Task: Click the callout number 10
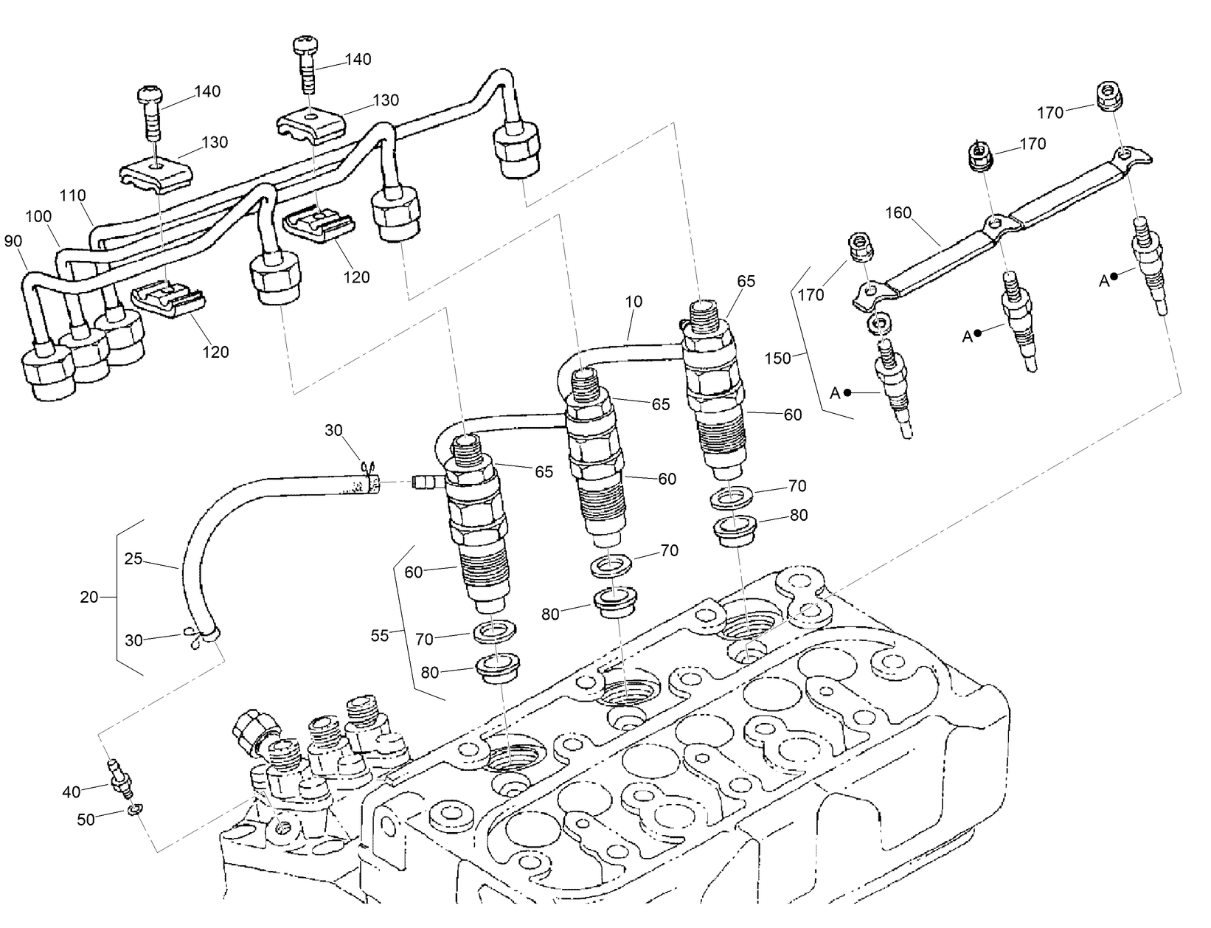click(x=634, y=301)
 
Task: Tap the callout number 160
click(x=899, y=213)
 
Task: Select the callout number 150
click(x=778, y=359)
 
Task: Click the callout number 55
click(x=379, y=635)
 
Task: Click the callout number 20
click(x=89, y=597)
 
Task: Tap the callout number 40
click(x=71, y=792)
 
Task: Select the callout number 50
click(x=86, y=820)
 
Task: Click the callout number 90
click(x=14, y=241)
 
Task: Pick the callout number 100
click(x=38, y=217)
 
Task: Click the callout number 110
click(x=73, y=195)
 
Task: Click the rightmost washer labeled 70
click(x=731, y=496)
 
